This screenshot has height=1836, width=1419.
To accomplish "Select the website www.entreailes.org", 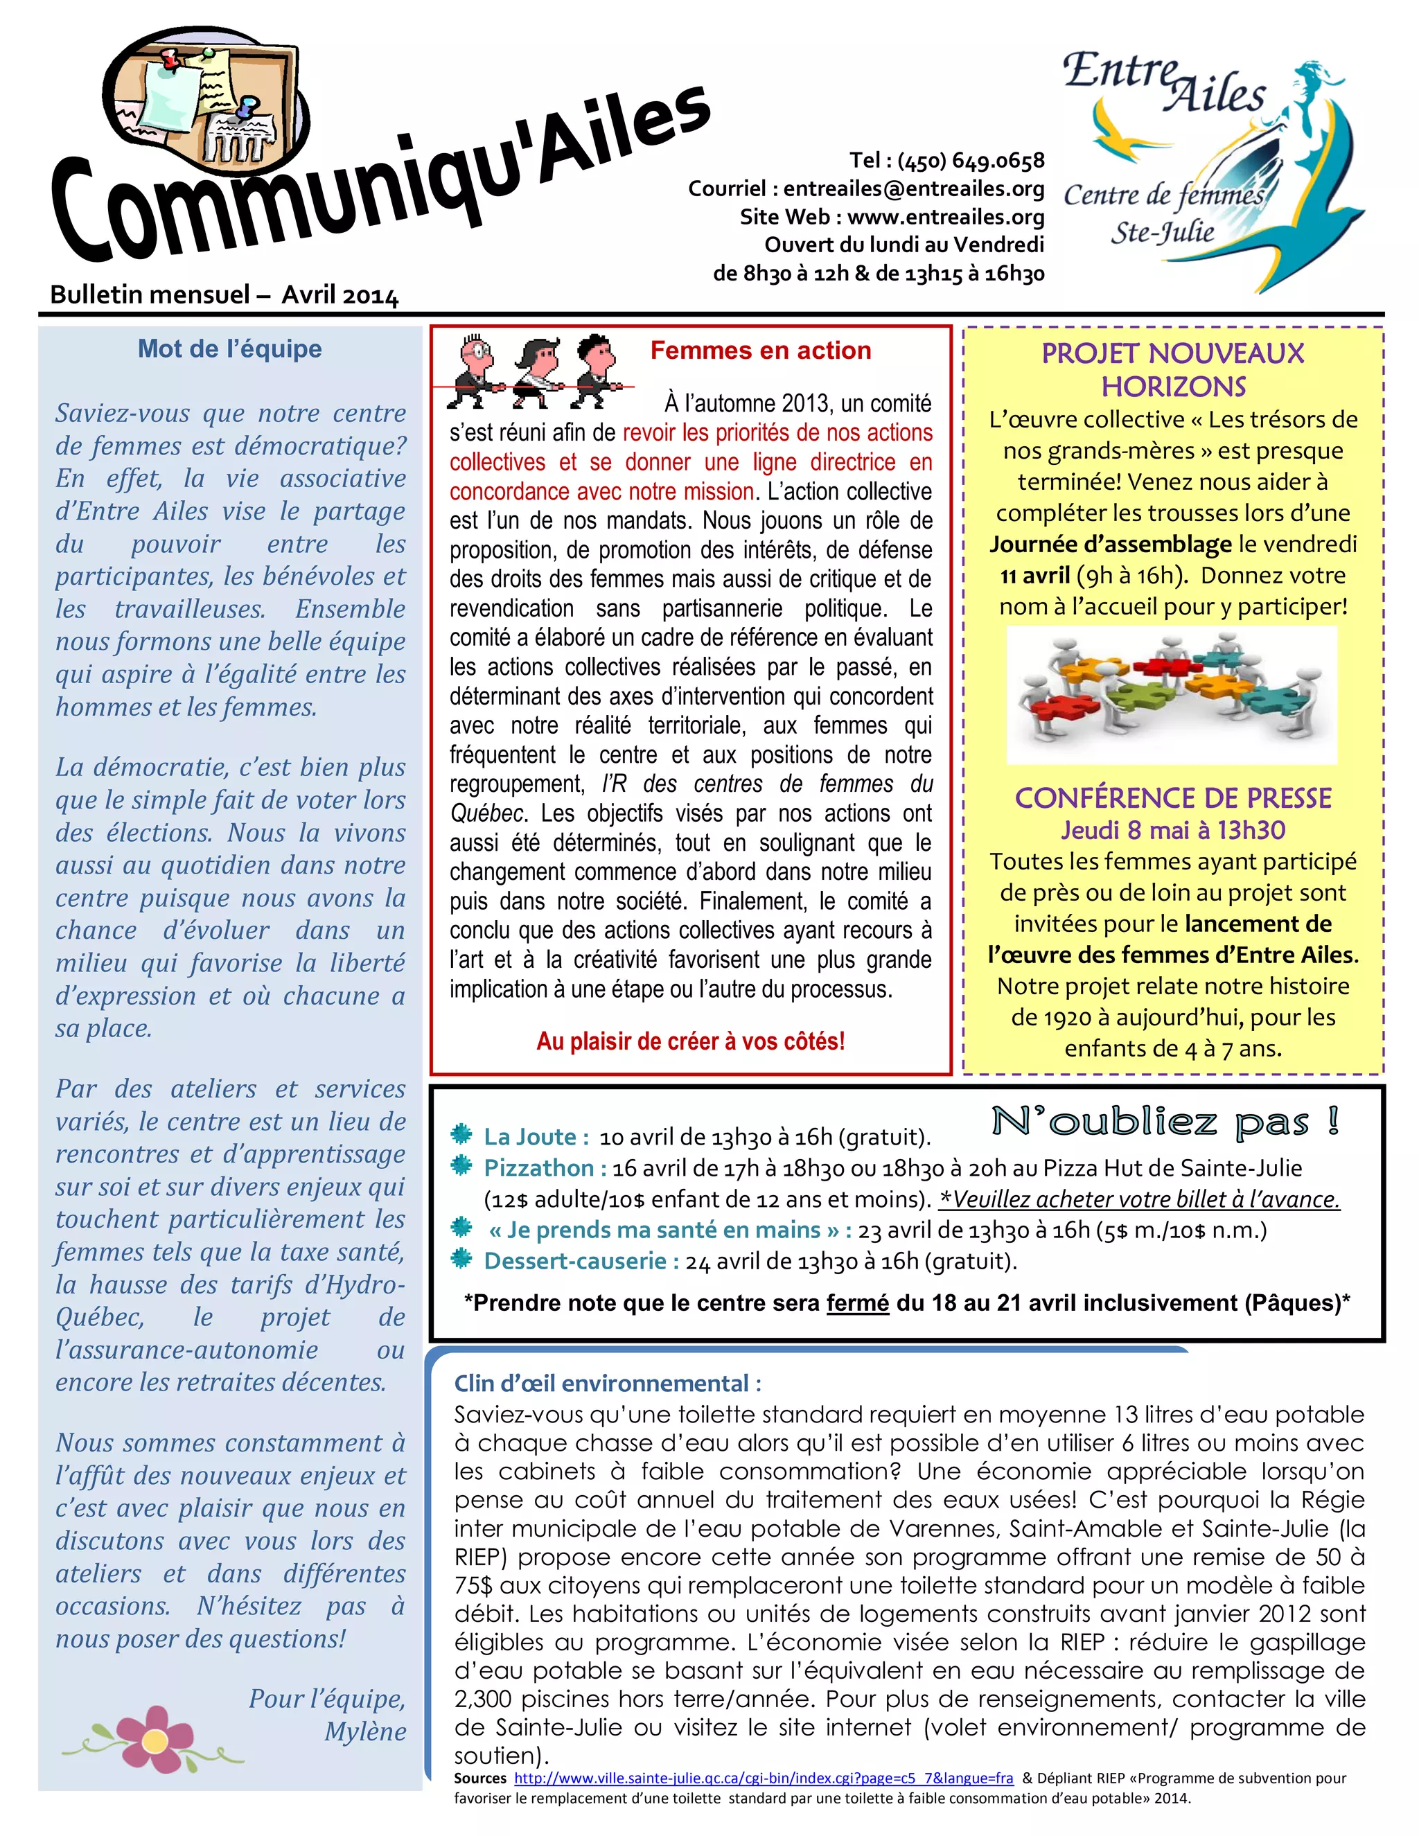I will (x=945, y=217).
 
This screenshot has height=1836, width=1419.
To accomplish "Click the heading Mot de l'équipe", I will (x=229, y=349).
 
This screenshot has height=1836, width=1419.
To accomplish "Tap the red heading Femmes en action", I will (x=760, y=351).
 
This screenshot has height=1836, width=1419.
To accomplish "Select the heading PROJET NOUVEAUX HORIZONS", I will (x=1173, y=370).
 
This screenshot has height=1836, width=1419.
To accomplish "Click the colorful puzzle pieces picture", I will (x=1171, y=694).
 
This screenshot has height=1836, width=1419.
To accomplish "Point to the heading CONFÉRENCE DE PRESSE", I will (x=1173, y=797).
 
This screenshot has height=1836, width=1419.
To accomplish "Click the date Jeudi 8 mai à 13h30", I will (x=1173, y=831).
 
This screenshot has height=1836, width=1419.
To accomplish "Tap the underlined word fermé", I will (x=858, y=1303).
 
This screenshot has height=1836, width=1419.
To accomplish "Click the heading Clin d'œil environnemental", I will (x=607, y=1383).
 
